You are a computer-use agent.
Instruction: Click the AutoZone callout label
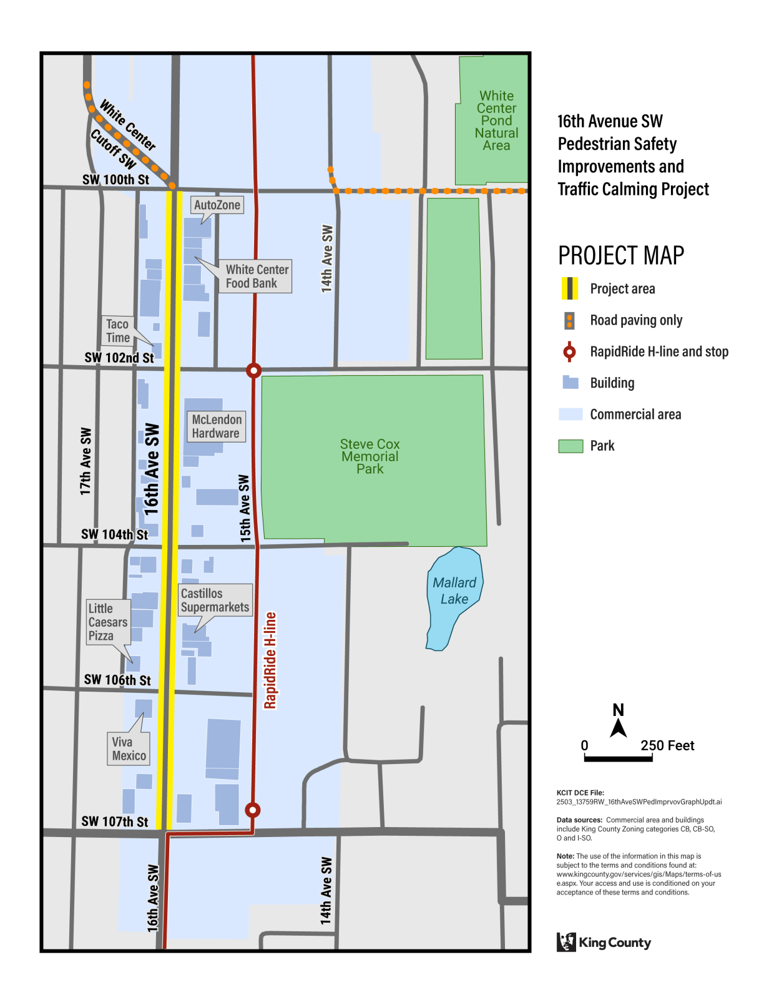217,205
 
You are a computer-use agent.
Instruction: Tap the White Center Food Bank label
257,277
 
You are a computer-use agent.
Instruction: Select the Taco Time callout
117,331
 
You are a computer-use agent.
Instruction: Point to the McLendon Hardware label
216,426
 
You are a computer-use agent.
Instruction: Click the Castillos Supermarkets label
215,600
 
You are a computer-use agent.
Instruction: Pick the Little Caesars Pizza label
108,622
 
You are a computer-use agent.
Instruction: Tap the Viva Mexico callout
129,748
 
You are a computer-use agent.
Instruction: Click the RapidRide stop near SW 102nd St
253,370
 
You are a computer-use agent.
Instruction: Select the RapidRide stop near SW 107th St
252,810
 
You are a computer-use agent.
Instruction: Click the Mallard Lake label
454,591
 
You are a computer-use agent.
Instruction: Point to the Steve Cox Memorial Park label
370,456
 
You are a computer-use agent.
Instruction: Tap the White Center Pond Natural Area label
496,120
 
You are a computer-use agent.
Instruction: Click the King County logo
603,942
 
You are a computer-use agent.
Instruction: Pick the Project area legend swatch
569,288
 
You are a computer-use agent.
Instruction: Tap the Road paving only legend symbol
569,320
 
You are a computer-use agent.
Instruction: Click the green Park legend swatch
571,446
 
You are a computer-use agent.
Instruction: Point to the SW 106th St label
117,680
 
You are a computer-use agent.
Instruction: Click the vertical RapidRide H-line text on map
270,660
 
